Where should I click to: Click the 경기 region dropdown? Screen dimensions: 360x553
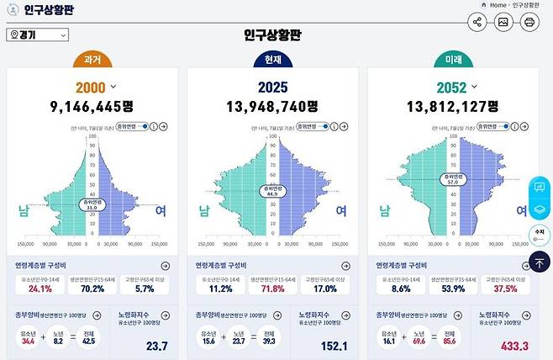click(36, 35)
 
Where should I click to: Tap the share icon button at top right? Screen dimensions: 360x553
click(477, 23)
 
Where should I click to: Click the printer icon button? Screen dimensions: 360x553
click(529, 23)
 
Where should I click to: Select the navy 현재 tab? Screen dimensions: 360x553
click(271, 61)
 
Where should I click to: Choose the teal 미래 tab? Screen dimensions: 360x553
click(451, 61)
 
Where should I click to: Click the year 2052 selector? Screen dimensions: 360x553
click(456, 87)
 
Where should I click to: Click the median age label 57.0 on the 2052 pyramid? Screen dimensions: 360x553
click(454, 179)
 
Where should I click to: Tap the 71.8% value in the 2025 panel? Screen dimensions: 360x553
click(271, 289)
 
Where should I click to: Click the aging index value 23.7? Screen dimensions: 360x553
click(156, 346)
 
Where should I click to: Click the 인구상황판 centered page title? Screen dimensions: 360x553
click(272, 35)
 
